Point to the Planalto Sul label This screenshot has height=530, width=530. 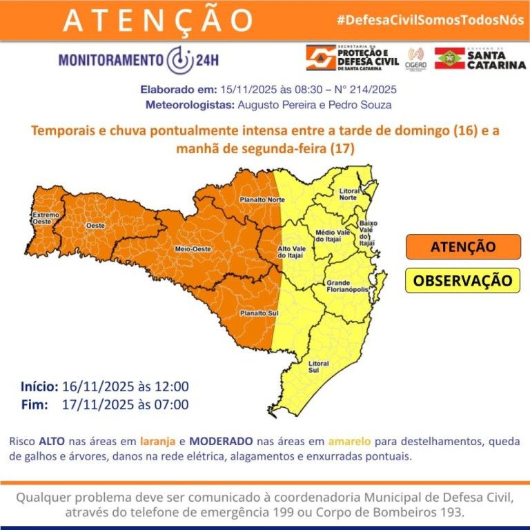[253, 313]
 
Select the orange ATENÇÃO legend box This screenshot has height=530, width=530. [462, 246]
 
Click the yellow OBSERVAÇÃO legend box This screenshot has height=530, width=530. [462, 281]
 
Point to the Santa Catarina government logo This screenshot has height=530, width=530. [480, 58]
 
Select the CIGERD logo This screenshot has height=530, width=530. [416, 58]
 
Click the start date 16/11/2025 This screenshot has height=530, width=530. [90, 386]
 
